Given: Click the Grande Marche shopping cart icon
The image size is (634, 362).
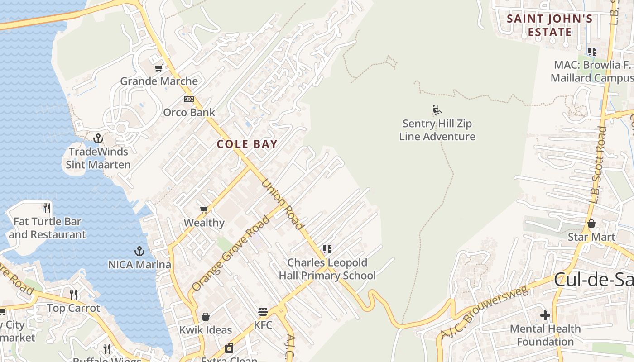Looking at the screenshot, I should [158, 68].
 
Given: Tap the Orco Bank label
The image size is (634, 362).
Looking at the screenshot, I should [189, 112].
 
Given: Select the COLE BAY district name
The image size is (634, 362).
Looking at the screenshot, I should [247, 144].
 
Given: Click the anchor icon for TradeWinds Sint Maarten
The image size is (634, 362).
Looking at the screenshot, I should [98, 138].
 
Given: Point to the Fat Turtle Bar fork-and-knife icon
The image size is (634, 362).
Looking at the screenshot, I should [47, 208].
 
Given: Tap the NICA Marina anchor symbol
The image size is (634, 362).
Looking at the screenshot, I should [139, 251].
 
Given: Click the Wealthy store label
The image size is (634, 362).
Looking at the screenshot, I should [204, 223].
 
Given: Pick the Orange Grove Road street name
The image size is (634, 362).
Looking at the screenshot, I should [231, 253].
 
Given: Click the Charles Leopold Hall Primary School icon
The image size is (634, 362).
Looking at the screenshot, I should [327, 249].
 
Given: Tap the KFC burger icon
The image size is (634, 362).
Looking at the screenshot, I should [263, 312].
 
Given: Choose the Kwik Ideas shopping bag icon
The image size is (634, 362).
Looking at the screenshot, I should [206, 317].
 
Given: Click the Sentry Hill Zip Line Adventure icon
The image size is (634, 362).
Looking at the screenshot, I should [437, 110].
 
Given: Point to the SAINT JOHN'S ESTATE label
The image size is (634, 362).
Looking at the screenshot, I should [549, 25].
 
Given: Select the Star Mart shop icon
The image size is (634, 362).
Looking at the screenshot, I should [591, 224].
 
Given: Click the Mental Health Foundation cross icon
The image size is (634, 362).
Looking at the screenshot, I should [545, 315].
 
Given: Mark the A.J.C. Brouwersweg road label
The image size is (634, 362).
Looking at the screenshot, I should [485, 312].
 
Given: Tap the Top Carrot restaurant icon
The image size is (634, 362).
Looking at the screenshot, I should [73, 295].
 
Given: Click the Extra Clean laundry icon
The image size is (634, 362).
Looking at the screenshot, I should [229, 348].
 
